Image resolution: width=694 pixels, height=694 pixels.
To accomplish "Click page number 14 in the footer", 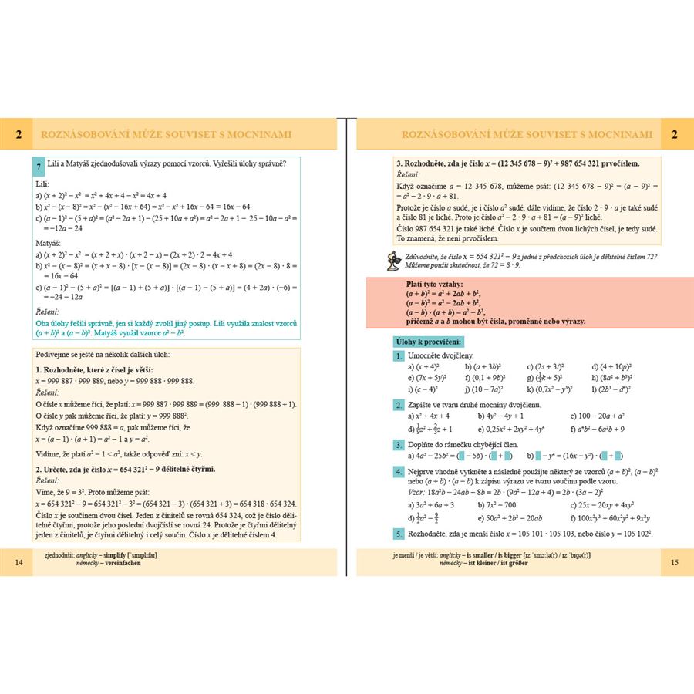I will click(19, 562).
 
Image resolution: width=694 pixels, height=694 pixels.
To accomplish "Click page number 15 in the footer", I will click(675, 562).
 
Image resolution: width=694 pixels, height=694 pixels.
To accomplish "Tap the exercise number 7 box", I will click(39, 167).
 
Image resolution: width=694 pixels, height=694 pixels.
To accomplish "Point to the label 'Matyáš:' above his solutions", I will click(51, 243).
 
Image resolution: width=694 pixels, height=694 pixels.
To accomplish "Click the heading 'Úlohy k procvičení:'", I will click(426, 340).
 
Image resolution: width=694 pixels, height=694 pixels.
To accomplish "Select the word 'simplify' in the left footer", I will click(127, 555).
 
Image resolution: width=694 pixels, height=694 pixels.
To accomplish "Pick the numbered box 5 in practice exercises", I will click(399, 534).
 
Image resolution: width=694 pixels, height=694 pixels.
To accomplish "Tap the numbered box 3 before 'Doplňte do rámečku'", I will click(399, 445).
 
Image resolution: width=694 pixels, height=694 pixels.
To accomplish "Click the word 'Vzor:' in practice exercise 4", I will click(415, 490).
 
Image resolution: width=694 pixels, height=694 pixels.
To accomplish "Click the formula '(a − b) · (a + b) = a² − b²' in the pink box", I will click(446, 312).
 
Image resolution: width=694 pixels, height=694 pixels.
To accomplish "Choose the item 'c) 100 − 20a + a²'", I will click(596, 416).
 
